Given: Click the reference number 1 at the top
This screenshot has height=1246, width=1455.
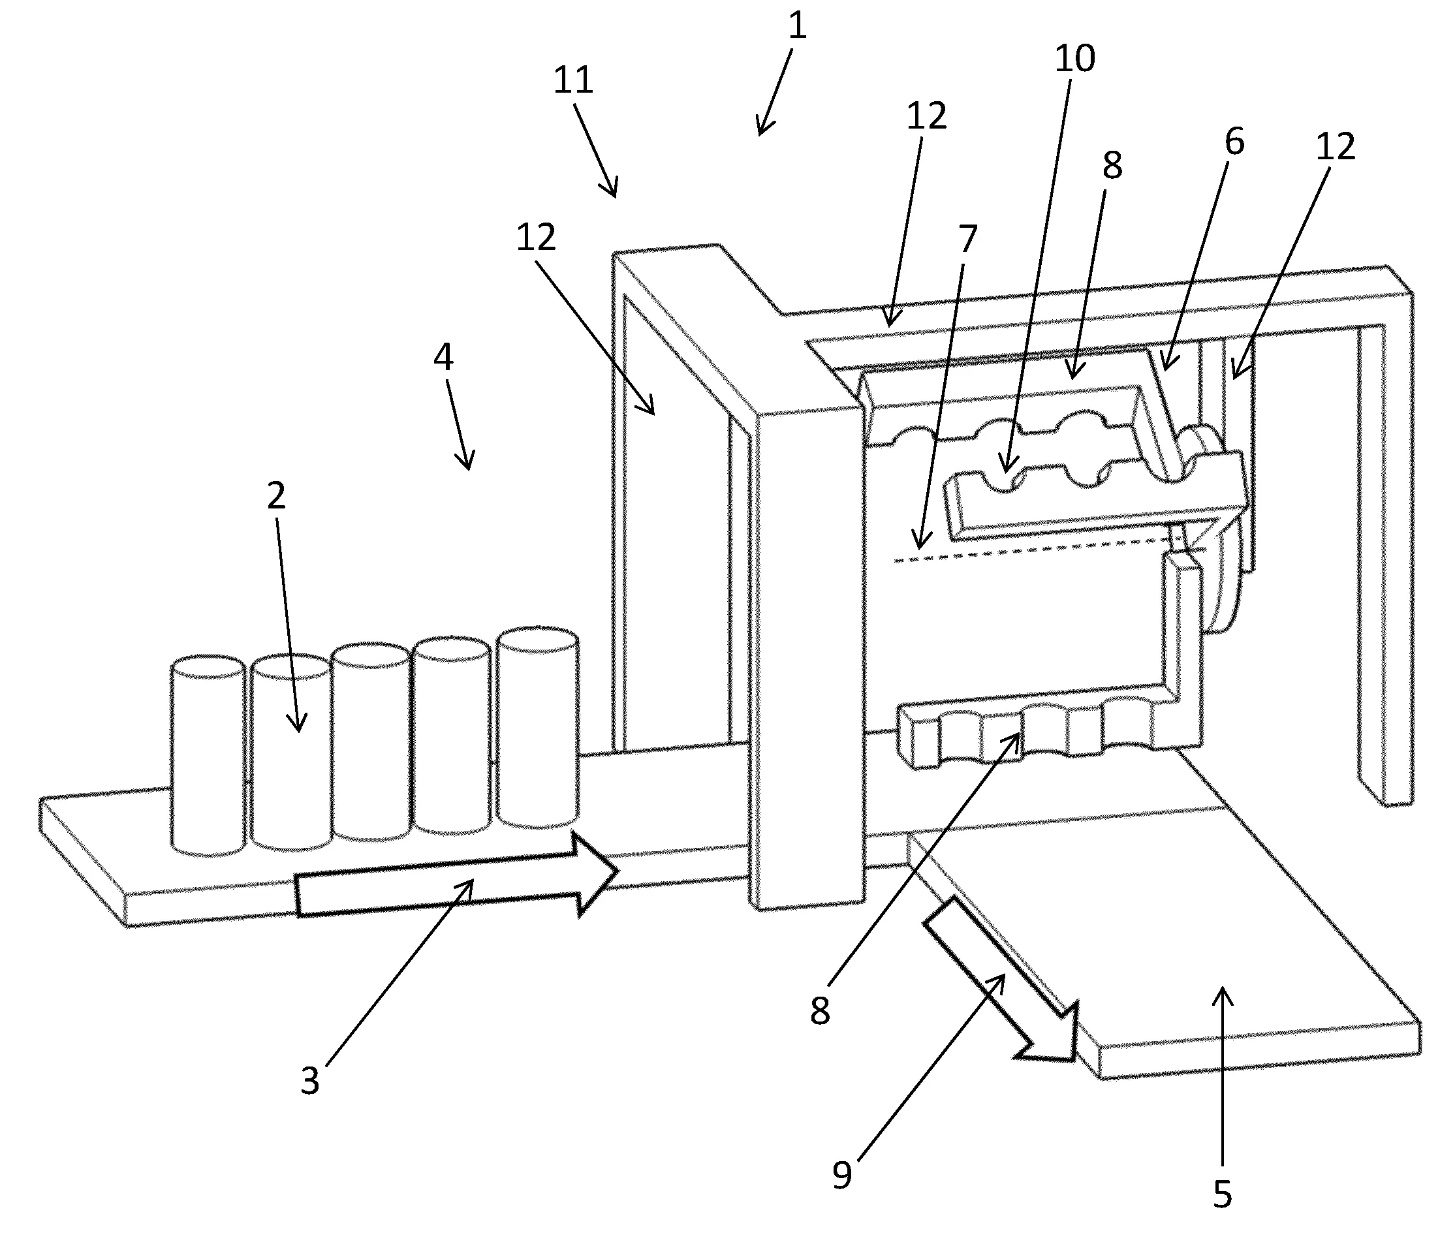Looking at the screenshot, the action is coord(797,26).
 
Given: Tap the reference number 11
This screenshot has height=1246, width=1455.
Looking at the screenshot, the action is coord(573,80).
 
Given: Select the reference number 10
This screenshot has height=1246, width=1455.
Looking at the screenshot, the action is coord(1074,57).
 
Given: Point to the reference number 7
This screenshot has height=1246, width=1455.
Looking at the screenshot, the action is coord(967,239).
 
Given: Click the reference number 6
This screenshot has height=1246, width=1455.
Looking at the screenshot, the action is coord(1234,141).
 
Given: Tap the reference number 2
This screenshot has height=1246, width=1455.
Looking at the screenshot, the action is coord(276,495).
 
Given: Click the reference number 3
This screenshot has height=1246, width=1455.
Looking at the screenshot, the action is coord(309,1081).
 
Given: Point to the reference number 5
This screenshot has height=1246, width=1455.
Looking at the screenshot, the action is coord(1223,1194).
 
